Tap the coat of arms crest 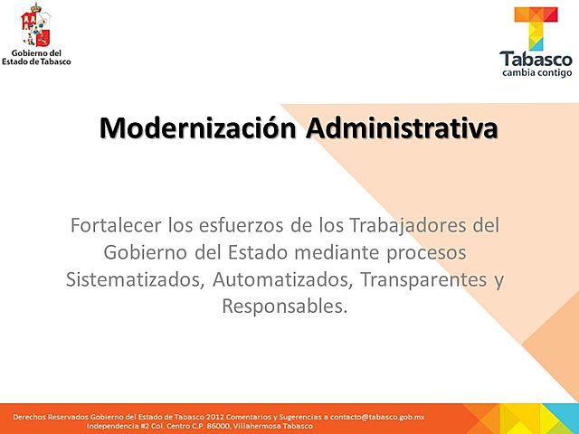pyautogui.click(x=36, y=26)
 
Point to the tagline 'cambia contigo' pyautogui.click(x=536, y=74)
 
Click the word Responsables pyautogui.click(x=283, y=306)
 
